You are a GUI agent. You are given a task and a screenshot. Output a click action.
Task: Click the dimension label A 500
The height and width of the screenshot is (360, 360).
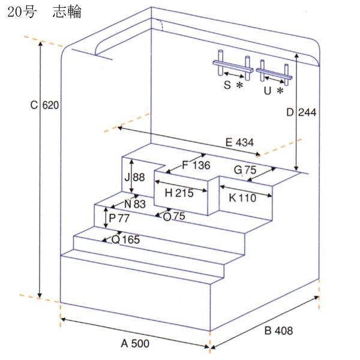(135, 344)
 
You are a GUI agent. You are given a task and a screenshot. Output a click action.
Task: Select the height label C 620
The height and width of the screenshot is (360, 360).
(45, 106)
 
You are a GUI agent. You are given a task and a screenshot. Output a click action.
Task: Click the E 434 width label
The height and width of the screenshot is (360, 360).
(239, 143)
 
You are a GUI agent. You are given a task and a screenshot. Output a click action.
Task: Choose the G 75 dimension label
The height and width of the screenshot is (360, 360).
(245, 170)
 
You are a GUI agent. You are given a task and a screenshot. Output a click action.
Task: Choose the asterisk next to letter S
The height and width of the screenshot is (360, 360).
(239, 86)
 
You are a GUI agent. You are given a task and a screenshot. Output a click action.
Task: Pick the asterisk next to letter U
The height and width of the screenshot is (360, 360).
(280, 91)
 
